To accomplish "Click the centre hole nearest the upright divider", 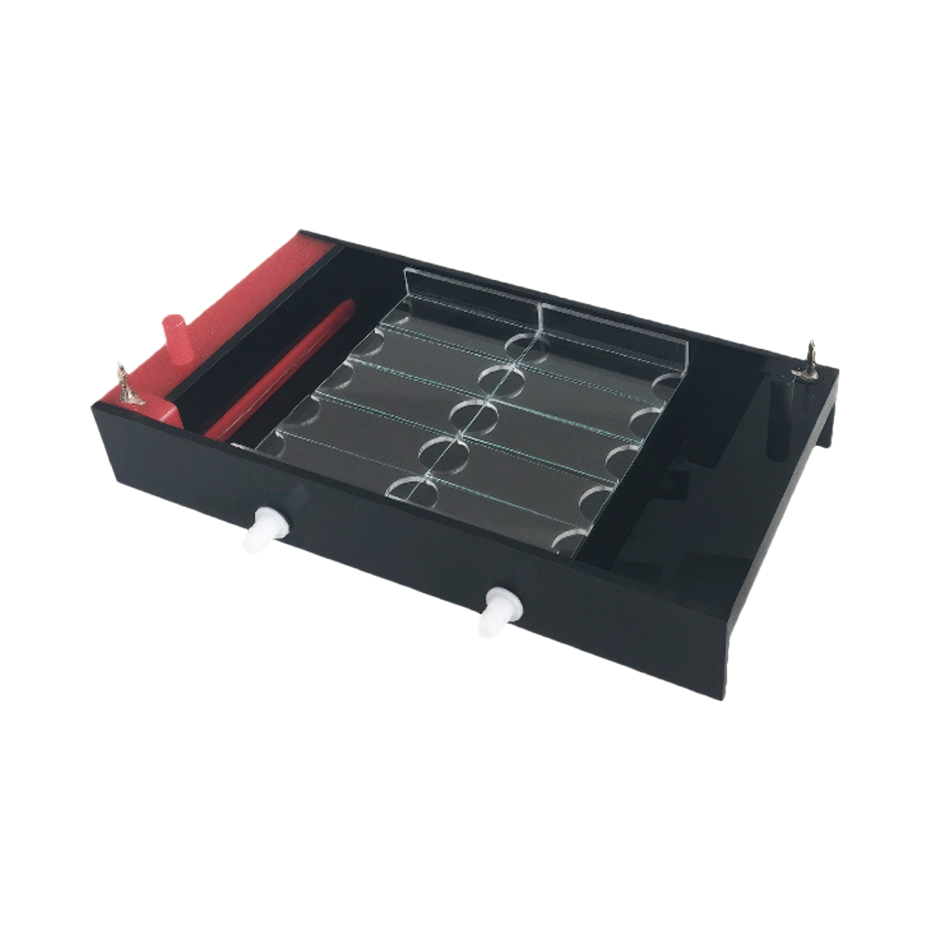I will [x=524, y=343].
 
